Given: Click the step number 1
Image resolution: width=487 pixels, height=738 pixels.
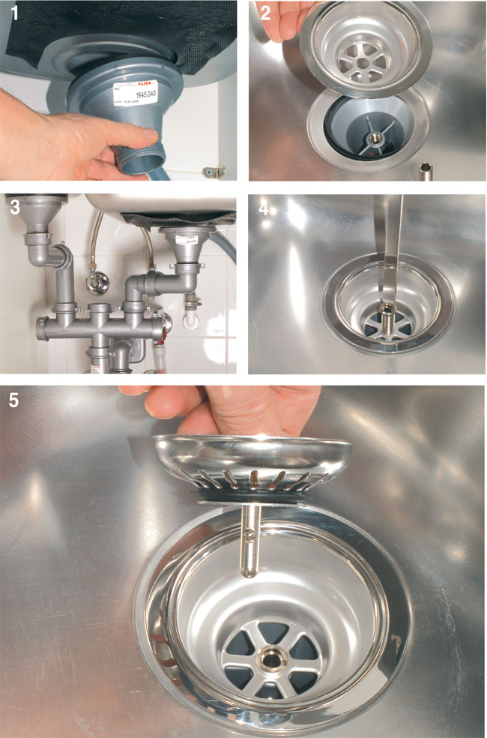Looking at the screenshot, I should (13, 13).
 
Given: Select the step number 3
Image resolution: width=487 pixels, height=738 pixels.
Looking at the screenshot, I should (11, 205).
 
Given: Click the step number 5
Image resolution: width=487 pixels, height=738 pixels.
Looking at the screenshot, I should (14, 400).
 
